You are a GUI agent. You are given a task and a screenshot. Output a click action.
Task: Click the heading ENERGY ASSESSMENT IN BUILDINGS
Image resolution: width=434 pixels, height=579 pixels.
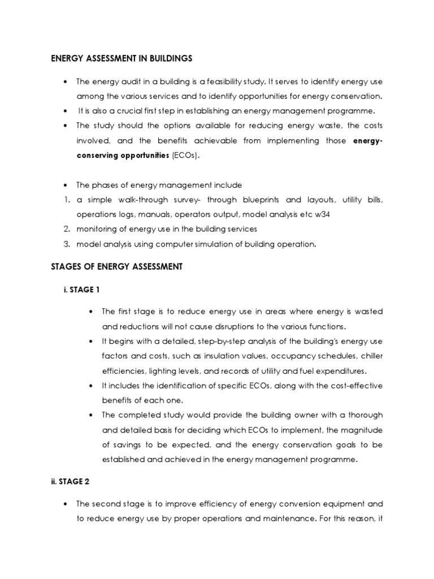pos(121,58)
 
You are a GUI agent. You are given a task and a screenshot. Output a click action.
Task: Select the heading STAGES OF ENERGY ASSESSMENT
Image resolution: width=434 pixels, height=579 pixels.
pos(117,267)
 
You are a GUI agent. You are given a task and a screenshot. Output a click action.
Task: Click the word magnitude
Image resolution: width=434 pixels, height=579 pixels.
pos(360,430)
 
